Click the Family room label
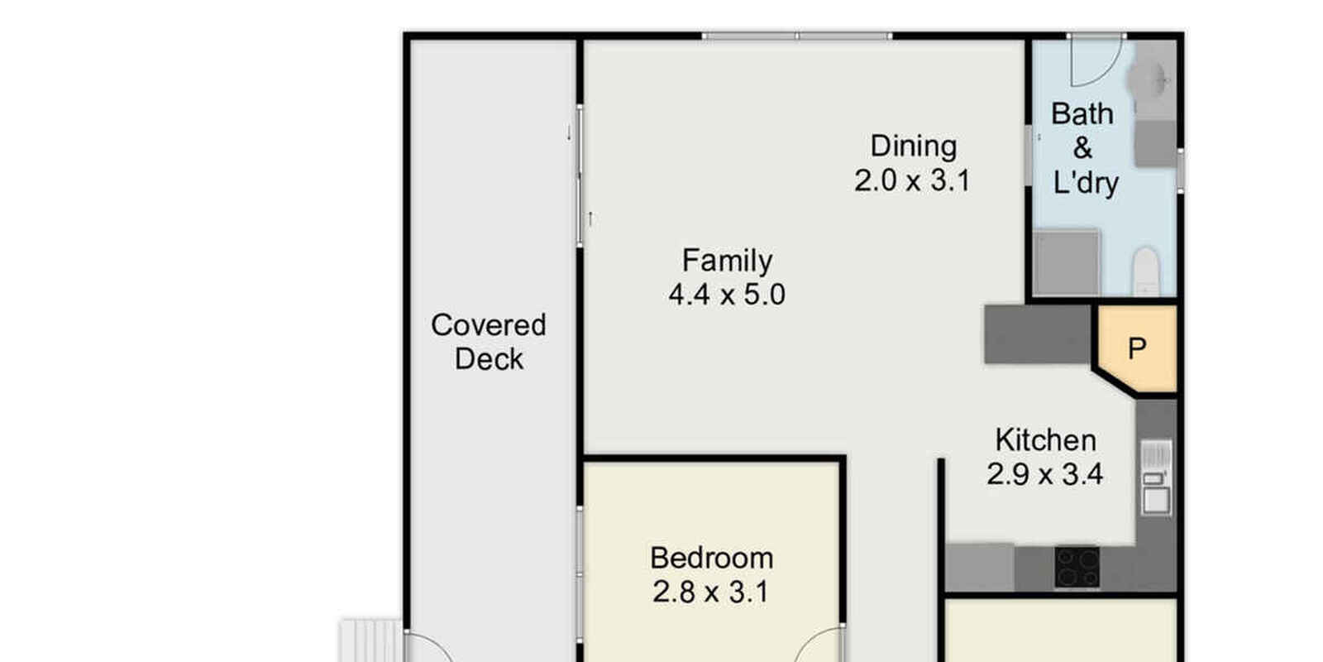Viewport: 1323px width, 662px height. (x=727, y=261)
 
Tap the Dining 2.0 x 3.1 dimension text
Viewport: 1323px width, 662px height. (x=913, y=180)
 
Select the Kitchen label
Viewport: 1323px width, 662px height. (x=1045, y=440)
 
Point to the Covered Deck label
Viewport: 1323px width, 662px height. (x=489, y=342)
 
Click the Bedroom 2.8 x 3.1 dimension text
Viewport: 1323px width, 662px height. (x=711, y=592)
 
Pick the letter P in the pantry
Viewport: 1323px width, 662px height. (x=1137, y=348)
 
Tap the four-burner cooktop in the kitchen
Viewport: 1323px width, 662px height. (x=1077, y=568)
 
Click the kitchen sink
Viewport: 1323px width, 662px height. (x=1156, y=477)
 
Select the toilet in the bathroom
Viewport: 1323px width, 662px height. (x=1146, y=271)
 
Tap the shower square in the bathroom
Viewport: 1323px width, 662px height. (x=1067, y=261)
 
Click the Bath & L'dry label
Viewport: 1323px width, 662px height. (x=1084, y=148)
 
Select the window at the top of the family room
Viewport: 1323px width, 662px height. (x=797, y=36)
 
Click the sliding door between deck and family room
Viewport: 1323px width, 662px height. (x=580, y=175)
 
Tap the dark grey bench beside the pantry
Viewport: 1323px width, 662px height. (x=1037, y=334)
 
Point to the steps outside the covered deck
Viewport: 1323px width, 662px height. (x=371, y=640)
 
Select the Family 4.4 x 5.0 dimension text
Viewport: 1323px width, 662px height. (x=727, y=295)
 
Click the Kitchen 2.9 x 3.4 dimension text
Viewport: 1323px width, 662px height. (x=1045, y=474)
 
